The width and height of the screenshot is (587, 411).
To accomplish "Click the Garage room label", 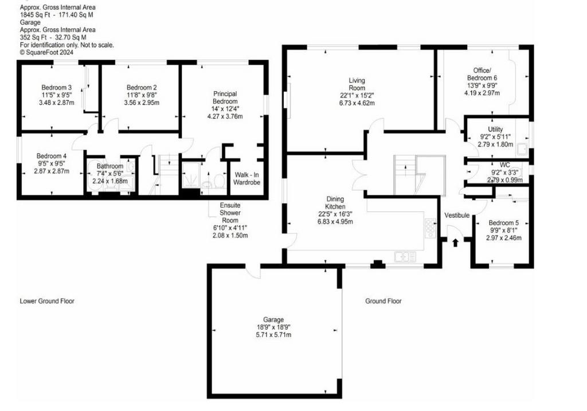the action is [273, 320].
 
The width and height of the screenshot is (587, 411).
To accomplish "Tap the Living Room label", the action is [357, 84].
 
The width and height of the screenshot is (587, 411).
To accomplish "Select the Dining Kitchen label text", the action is [335, 203].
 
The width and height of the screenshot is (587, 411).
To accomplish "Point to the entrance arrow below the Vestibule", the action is [455, 242].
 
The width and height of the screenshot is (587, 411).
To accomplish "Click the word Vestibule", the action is [457, 215].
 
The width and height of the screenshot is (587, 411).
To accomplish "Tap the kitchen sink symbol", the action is [405, 257].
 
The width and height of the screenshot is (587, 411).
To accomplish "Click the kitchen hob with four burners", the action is [430, 228].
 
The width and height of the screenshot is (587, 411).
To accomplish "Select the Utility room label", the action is [495, 130].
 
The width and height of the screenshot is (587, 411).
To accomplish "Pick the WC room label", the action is [504, 165].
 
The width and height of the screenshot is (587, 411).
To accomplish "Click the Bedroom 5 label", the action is [503, 223].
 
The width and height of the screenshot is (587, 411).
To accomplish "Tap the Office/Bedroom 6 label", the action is [482, 74].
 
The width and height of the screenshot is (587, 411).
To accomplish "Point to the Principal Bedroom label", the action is [225, 97].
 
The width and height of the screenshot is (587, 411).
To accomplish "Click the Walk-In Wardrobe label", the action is [246, 178].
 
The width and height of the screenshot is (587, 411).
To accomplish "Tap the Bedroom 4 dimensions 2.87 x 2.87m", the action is [51, 171].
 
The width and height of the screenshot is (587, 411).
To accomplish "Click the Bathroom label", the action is [109, 166].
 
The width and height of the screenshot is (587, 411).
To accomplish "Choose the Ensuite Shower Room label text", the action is [230, 213].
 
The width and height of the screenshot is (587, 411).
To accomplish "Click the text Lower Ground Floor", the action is [47, 301].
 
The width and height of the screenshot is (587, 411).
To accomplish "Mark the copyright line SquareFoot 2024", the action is [46, 52].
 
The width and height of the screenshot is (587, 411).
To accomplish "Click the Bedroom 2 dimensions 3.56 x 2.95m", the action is [142, 103].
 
